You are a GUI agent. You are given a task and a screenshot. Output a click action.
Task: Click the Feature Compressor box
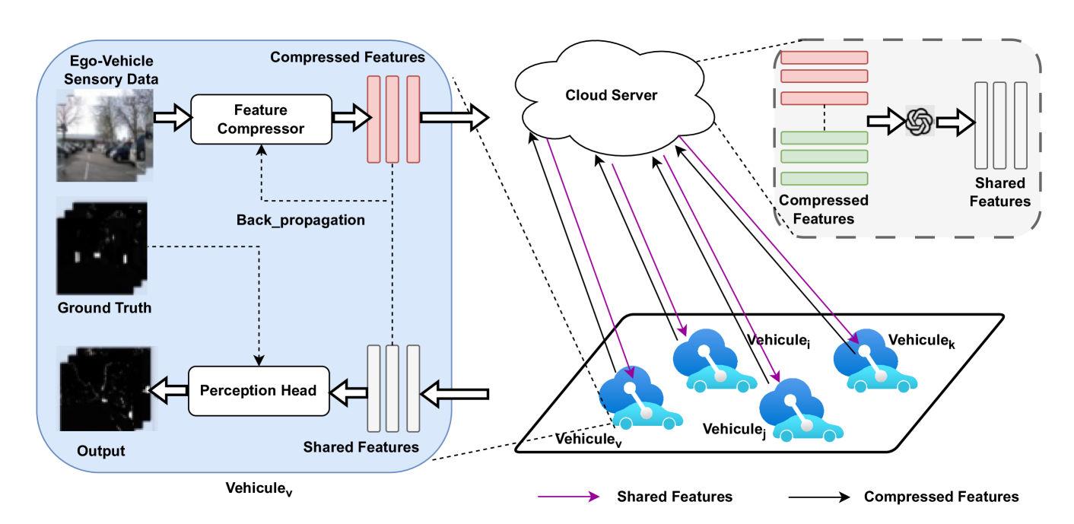pos(261,119)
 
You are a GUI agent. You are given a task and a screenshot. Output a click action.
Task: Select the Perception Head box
pos(258,391)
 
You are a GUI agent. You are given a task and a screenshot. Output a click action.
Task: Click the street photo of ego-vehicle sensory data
pos(104,135)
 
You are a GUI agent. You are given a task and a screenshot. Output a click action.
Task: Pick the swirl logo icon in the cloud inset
pos(919,121)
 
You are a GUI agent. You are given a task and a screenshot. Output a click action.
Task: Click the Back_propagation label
pos(300,221)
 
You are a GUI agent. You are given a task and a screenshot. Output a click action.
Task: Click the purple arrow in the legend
pos(566,497)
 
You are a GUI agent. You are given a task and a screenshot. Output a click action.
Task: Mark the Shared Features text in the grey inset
pos(1000,192)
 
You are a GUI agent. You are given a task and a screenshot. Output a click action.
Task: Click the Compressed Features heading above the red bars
pos(348,57)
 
